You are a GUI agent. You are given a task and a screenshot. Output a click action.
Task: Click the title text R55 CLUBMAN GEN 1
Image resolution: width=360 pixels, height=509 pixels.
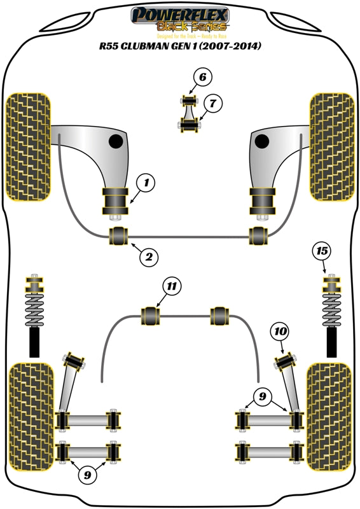pos(180,46)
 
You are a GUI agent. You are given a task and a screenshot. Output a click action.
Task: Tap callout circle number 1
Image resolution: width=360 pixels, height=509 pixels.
pos(146,184)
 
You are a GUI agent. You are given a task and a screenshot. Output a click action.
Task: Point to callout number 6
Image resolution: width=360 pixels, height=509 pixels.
pos(202,78)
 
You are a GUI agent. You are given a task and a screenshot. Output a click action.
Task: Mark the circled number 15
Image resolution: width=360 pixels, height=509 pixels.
pos(322,251)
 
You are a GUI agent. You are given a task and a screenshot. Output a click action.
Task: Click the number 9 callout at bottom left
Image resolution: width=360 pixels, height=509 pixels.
pos(87,473)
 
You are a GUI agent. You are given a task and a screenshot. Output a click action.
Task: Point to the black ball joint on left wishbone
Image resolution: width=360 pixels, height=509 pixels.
pos(116,141)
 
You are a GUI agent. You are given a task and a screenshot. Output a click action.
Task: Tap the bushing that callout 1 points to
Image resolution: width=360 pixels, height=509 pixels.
pos(115,202)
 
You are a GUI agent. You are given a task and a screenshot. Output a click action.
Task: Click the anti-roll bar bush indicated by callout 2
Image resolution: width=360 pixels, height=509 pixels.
pos(119,235)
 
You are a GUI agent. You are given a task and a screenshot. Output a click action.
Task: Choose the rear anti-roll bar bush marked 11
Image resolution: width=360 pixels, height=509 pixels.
pos(151,314)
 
